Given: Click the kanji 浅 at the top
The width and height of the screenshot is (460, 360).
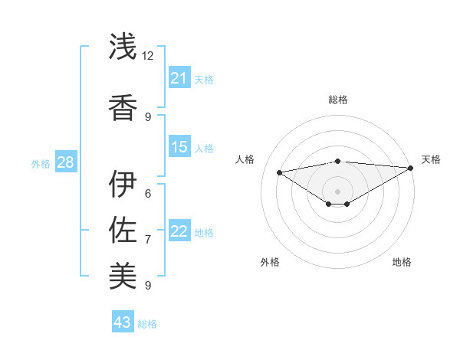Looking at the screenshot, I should [123, 46].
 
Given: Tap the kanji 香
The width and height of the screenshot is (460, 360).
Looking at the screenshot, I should [123, 106].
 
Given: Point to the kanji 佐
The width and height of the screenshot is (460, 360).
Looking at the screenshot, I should [123, 231].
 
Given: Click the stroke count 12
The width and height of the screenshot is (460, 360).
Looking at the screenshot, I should [148, 56].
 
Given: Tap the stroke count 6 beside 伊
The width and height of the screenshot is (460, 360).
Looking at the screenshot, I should [148, 194].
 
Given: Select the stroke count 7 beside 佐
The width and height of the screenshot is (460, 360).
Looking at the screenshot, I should [148, 240].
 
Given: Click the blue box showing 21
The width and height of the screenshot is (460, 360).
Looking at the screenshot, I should [179, 78].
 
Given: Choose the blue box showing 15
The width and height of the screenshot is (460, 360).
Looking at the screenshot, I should [179, 147].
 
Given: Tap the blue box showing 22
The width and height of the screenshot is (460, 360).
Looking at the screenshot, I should [179, 231].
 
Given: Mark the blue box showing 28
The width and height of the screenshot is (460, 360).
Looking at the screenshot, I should [65, 162].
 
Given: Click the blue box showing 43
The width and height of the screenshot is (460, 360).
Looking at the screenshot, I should [123, 322].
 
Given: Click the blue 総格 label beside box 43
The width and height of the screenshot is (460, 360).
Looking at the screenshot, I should [147, 324].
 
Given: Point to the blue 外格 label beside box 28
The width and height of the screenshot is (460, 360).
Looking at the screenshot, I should [41, 163].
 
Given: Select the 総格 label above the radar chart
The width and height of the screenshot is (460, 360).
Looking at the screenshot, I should [337, 100].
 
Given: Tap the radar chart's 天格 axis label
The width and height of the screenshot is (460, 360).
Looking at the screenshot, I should [431, 159].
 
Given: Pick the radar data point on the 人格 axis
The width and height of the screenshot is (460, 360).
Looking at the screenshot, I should [279, 172].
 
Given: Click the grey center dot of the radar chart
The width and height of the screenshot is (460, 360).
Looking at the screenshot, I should [337, 191].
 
